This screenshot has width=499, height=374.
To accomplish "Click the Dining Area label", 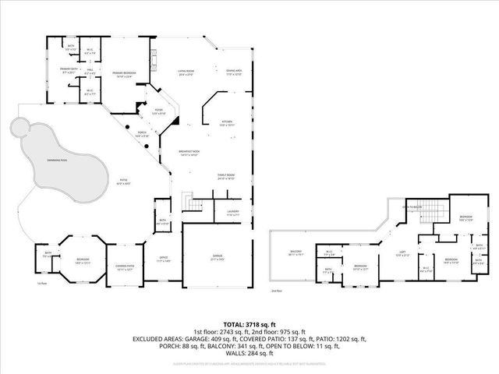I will pyautogui.click(x=234, y=73).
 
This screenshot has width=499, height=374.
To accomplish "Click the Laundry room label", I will pyautogui.click(x=232, y=213).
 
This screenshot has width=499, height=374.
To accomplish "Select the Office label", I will pyautogui.click(x=164, y=259).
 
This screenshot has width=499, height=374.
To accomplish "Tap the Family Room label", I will pyautogui.click(x=226, y=177).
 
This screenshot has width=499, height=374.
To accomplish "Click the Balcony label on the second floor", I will pyautogui.click(x=296, y=252).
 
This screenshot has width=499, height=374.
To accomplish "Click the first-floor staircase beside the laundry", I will pyautogui.click(x=192, y=204).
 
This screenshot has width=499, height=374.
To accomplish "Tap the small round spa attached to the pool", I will pyautogui.click(x=18, y=126).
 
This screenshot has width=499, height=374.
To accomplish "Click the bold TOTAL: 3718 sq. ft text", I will pyautogui.click(x=249, y=324).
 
